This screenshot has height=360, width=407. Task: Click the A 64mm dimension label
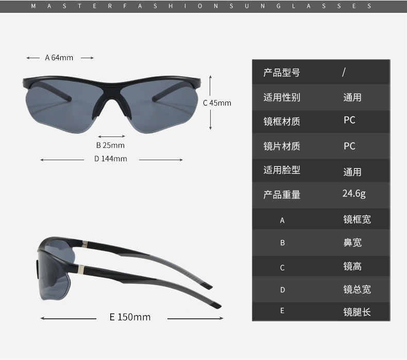[59, 58]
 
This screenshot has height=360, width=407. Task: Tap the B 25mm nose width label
[110, 145]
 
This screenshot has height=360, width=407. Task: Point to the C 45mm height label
[217, 103]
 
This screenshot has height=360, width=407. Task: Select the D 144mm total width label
[110, 159]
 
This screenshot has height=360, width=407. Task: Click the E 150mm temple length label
[130, 317]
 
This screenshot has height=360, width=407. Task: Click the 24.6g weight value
[354, 194]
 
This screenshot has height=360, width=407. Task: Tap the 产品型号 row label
[281, 73]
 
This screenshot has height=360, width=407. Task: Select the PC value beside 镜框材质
[349, 120]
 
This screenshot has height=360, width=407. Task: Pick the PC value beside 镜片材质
[349, 146]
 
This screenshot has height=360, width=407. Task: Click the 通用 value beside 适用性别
[352, 97]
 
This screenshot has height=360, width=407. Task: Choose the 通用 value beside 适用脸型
[352, 172]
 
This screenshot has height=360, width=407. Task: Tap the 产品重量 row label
[281, 195]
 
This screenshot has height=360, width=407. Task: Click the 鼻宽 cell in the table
[352, 243]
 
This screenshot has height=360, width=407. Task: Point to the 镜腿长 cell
[357, 312]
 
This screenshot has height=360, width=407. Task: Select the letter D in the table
[282, 290]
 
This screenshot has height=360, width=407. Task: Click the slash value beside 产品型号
[344, 72]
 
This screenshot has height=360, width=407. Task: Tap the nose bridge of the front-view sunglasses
[110, 95]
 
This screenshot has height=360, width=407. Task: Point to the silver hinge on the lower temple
[81, 269]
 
